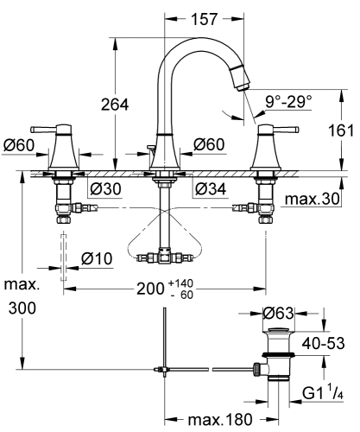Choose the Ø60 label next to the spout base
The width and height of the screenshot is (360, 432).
(x=210, y=144)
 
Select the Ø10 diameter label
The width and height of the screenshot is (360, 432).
(x=97, y=257)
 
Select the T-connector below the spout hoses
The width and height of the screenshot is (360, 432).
(x=161, y=256)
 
